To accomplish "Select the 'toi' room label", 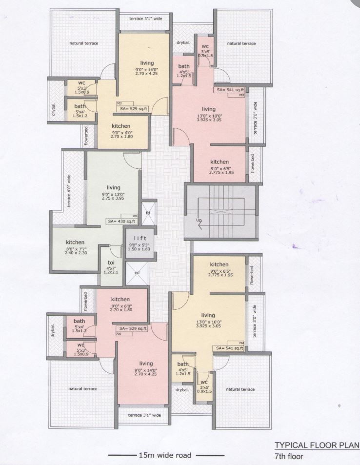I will tap(111, 262).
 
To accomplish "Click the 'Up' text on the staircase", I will tap(198, 220).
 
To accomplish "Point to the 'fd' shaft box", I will tap(148, 213).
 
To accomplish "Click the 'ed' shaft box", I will tap(136, 273).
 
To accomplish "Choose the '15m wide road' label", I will tap(162, 455).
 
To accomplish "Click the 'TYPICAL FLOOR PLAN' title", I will tap(317, 445).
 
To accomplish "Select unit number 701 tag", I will tap(135, 216).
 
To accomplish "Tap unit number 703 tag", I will tap(241, 96).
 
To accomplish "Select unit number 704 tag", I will tap(240, 343).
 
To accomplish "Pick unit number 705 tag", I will tap(119, 334).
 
